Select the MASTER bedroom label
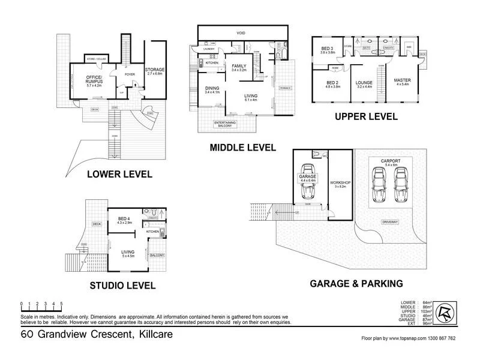pos(401,80)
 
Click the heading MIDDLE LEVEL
pos(242,147)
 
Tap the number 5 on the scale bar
pos(61,303)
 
